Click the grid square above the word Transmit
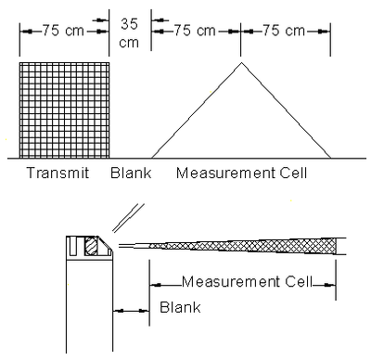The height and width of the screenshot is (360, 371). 64,109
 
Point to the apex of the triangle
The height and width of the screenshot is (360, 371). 242,62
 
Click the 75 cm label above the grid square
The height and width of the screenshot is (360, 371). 63,30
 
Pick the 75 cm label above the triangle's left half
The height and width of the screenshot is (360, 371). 196,30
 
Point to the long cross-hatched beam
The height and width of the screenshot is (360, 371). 250,244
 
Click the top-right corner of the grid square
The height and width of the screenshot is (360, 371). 111,62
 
